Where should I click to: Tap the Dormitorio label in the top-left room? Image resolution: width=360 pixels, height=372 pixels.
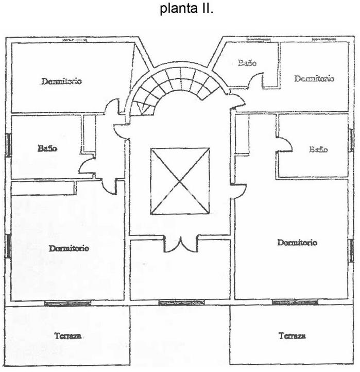click(62, 81)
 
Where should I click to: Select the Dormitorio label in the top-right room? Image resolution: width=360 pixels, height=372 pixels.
click(314, 79)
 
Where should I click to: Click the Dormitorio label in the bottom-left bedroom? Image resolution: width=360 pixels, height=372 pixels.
click(69, 248)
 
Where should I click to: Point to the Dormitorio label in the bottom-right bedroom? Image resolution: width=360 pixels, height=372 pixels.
click(297, 242)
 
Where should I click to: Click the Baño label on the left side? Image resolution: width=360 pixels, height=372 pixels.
click(47, 148)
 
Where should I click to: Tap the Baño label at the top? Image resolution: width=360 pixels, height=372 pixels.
click(247, 63)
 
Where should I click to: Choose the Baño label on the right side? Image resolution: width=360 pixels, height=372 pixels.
click(318, 149)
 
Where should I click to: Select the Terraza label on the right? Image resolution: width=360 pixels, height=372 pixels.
click(292, 336)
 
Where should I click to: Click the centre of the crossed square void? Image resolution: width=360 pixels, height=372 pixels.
click(180, 181)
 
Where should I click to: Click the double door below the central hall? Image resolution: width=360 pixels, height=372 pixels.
click(180, 244)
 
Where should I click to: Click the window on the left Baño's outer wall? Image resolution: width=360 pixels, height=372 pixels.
click(8, 145)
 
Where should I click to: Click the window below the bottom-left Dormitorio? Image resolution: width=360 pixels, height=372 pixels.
click(67, 303)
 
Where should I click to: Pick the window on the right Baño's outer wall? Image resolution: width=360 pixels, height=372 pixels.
click(351, 140)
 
